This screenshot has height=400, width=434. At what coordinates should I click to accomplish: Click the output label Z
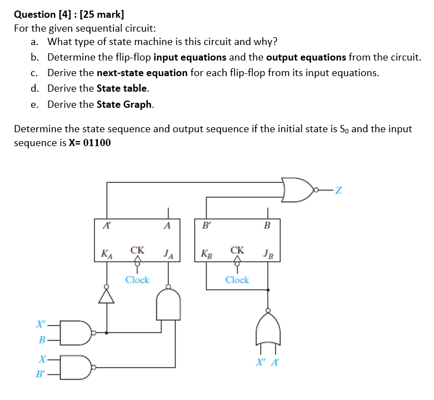(x=338, y=192)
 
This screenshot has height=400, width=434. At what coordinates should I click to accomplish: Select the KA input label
(x=106, y=254)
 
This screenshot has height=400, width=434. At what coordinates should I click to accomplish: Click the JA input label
(x=169, y=254)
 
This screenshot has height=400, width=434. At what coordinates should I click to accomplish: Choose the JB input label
(x=268, y=254)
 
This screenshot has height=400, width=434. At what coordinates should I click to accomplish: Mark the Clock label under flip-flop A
(x=137, y=280)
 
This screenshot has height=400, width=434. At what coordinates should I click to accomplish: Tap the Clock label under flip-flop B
(x=237, y=280)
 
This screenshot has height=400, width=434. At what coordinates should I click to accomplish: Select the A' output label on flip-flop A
(x=106, y=226)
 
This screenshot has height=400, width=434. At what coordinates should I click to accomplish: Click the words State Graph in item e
(x=125, y=104)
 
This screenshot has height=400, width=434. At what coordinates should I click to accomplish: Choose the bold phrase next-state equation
(x=142, y=73)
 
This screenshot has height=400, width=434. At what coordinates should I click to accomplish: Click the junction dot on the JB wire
(x=268, y=289)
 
